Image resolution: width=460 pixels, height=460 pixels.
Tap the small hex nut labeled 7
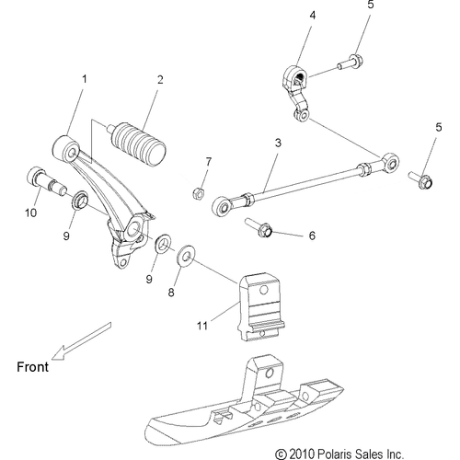click(196, 193)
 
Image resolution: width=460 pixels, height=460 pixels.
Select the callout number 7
click(208, 162)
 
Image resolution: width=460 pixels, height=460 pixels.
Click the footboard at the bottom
click(239, 405)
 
